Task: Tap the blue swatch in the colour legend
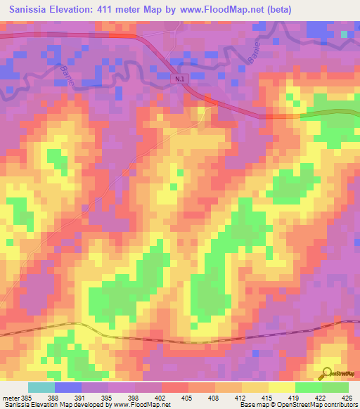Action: click(67, 387)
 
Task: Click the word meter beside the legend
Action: click(11, 397)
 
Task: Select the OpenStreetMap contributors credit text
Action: click(309, 405)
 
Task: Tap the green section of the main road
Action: click(330, 113)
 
